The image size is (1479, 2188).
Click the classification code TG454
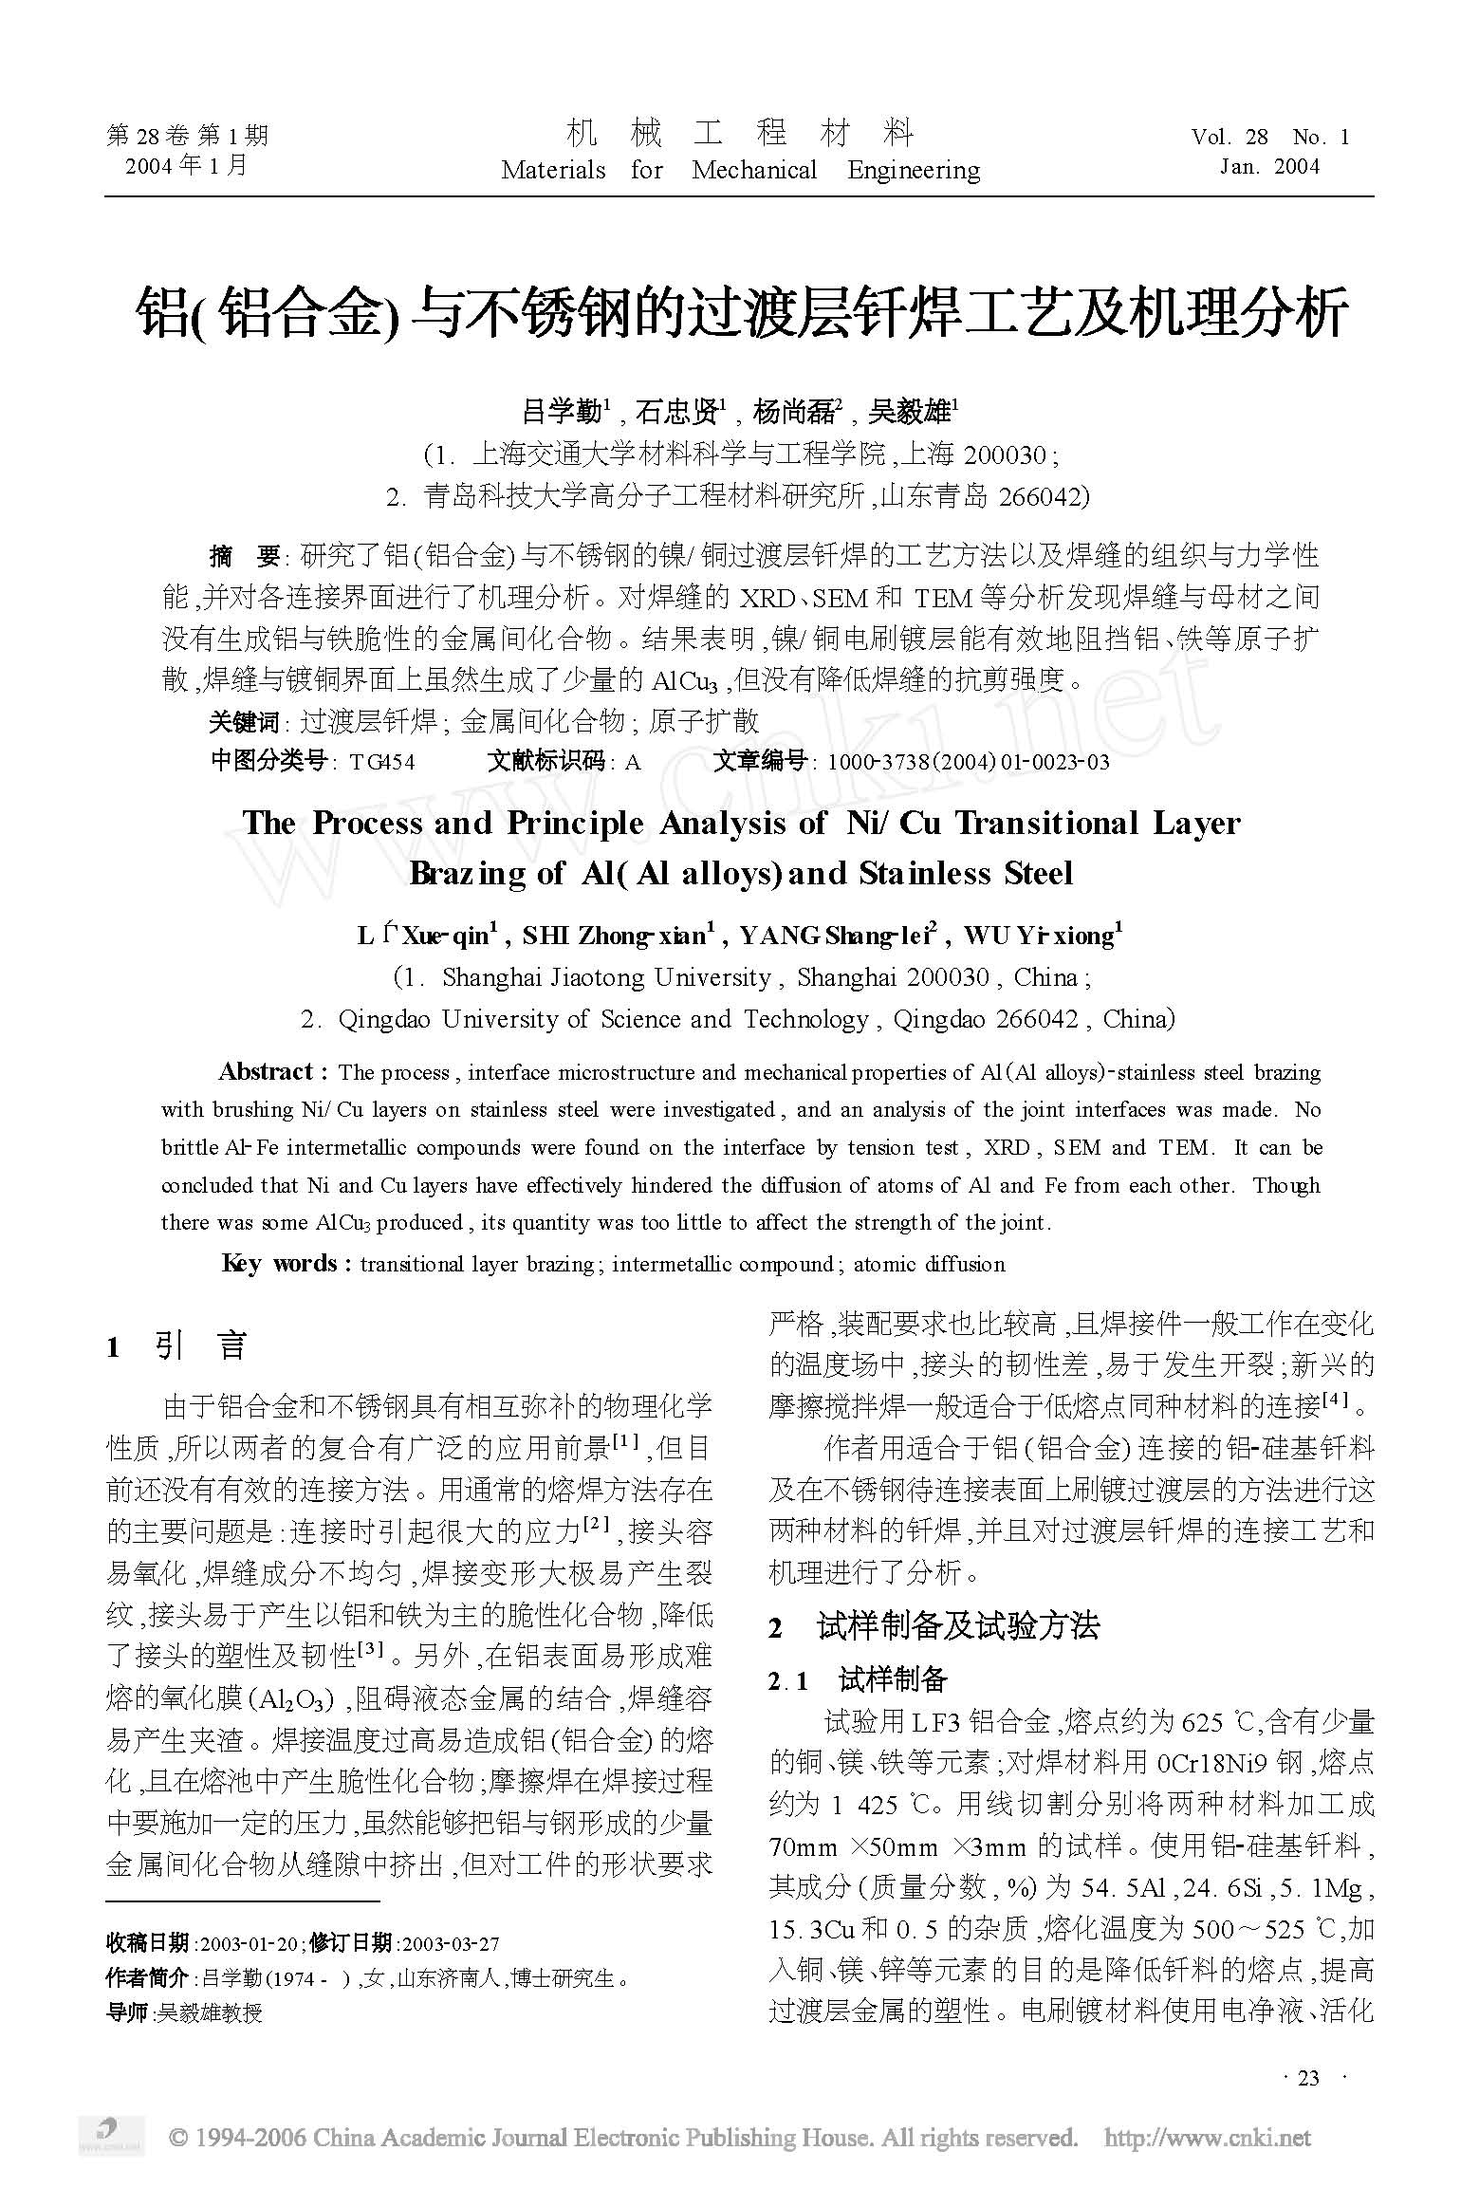point(382,762)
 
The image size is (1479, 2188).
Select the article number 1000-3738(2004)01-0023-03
point(968,762)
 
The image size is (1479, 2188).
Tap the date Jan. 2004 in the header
point(1269,167)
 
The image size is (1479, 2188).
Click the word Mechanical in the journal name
point(754,171)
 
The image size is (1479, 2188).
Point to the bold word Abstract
point(267,1072)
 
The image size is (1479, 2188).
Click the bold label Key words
point(280,1264)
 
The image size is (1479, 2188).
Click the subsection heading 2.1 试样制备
point(859,1681)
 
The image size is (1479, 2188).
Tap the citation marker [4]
point(1337,1400)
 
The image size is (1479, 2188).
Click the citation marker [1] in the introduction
point(625,1442)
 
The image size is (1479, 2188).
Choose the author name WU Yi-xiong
point(1042,936)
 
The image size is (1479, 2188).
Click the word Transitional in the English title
point(1046,824)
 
